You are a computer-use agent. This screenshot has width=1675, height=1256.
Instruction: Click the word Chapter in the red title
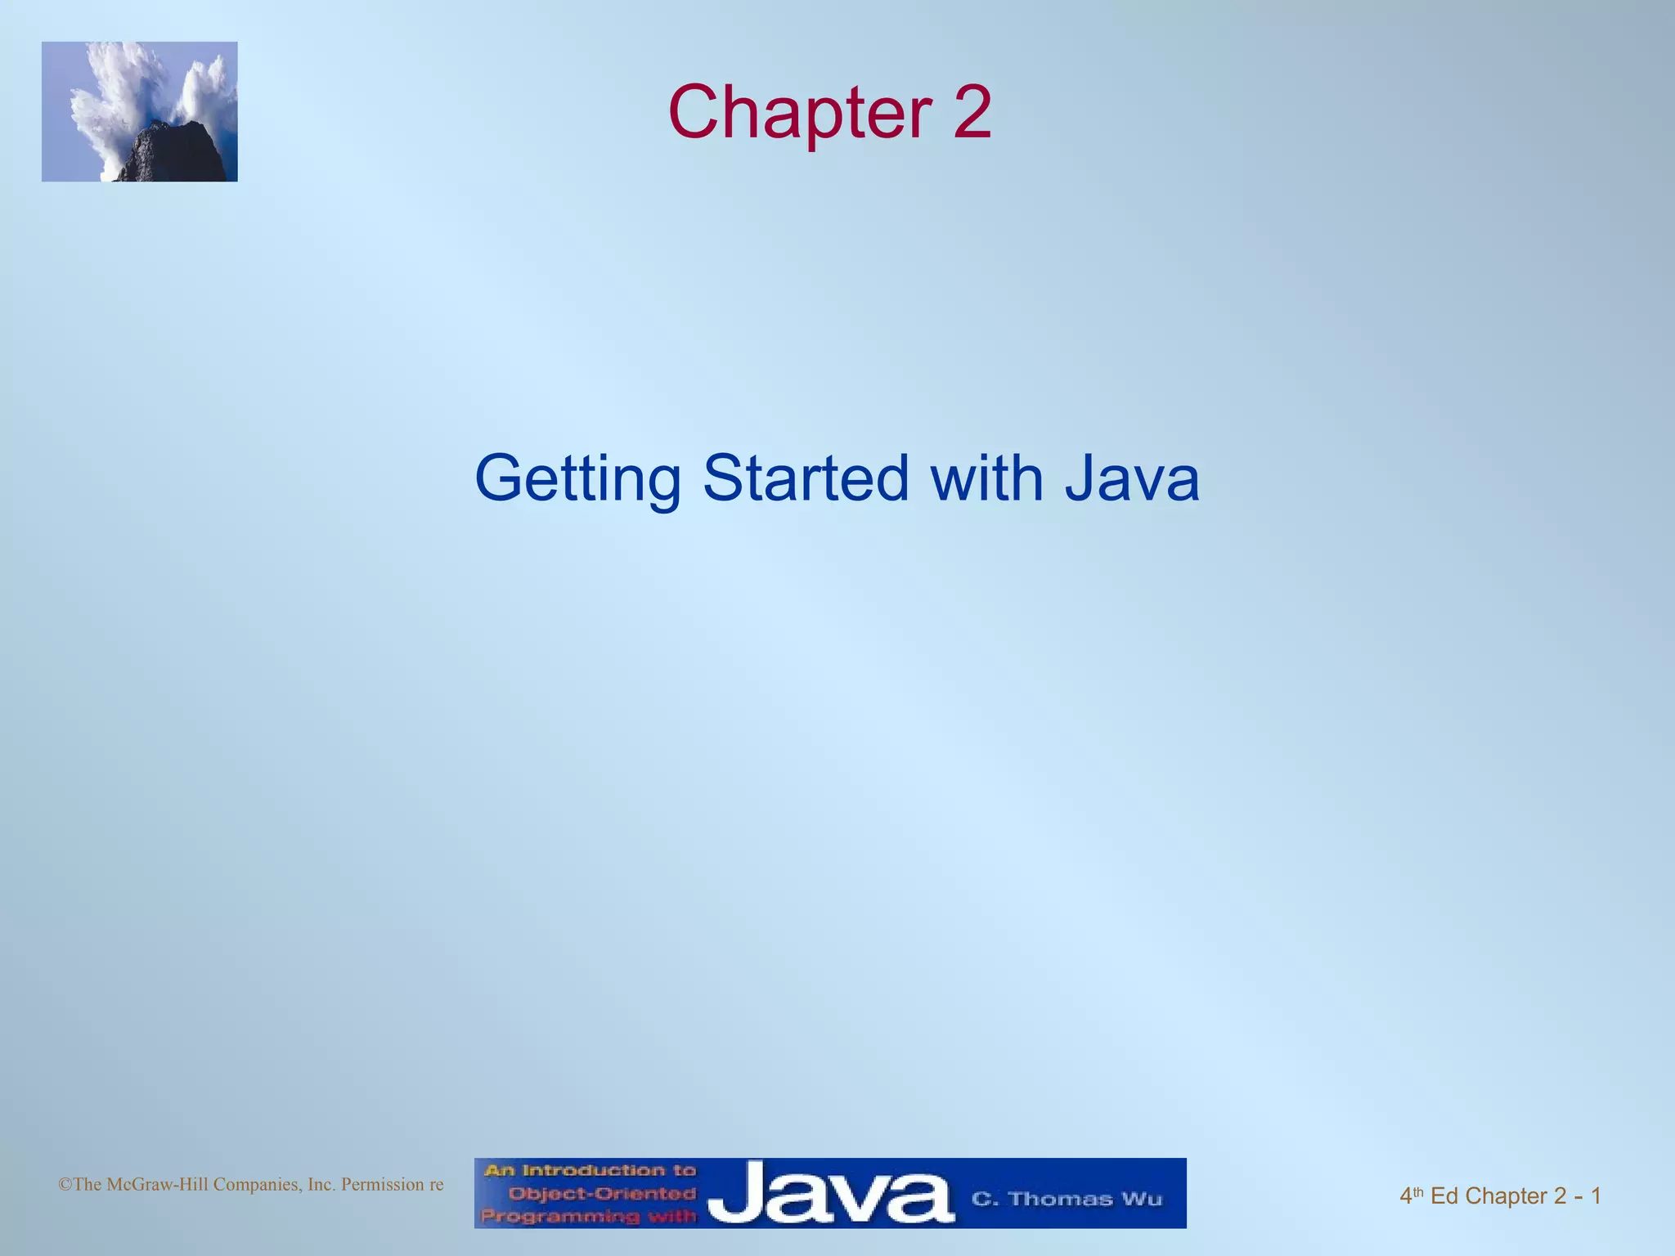pos(799,113)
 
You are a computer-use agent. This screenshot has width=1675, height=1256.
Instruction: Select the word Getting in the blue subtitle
pos(577,479)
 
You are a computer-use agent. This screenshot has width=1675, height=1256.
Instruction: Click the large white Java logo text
pos(829,1194)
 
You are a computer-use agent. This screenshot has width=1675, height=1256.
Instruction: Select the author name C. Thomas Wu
pos(1067,1200)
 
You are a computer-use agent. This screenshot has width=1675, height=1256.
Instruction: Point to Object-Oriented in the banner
pos(601,1194)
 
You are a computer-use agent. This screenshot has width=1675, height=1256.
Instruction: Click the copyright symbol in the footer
pos(65,1185)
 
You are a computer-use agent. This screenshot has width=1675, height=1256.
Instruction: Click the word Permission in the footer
pos(381,1185)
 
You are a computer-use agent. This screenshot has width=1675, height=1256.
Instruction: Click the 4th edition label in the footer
pos(1412,1196)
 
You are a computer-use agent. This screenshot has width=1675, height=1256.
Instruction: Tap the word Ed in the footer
pos(1444,1196)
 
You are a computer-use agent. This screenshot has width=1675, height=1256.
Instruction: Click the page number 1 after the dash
pos(1596,1196)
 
